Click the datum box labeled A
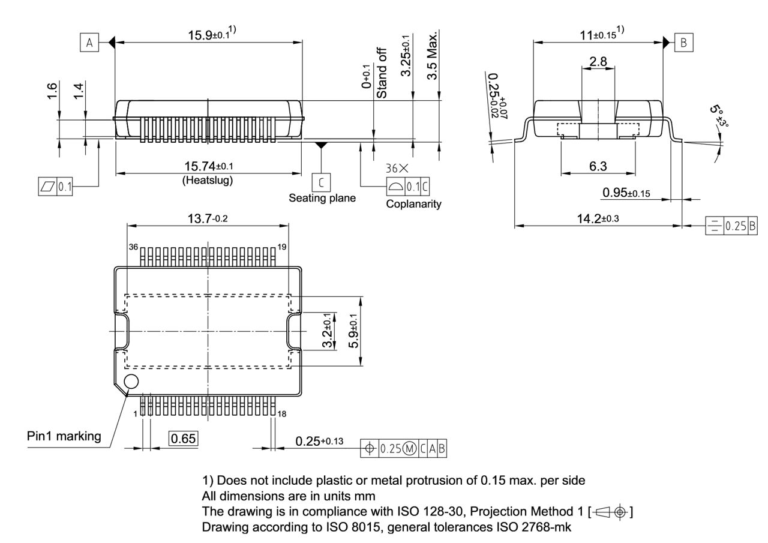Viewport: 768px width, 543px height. click(x=89, y=43)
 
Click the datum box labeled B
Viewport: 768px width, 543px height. click(x=684, y=43)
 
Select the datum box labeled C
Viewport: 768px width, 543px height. click(x=322, y=182)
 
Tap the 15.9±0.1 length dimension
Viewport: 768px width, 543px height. click(x=208, y=35)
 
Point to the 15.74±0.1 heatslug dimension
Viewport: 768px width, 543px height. click(x=208, y=166)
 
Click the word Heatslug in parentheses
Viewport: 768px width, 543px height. click(x=208, y=179)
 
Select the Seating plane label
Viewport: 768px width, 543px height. click(x=322, y=198)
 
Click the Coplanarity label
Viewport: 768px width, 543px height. click(x=413, y=204)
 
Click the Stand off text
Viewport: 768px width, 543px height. click(x=382, y=73)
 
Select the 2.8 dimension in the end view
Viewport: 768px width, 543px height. click(x=598, y=61)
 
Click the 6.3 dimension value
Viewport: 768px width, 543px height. click(x=598, y=166)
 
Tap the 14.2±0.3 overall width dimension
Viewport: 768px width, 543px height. click(x=598, y=218)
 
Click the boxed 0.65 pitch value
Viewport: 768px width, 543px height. click(x=183, y=439)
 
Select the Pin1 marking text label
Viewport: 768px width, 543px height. click(x=64, y=436)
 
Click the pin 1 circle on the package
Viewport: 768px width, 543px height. click(x=131, y=381)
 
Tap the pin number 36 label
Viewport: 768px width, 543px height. click(x=133, y=247)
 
